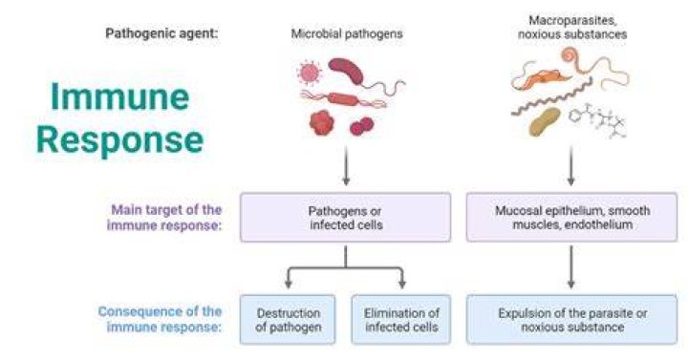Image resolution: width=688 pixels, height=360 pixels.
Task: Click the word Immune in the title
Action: coord(119,96)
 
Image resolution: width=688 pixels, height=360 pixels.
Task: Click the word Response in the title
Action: coord(119,139)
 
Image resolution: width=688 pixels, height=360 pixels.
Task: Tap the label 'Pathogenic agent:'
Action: coord(161,33)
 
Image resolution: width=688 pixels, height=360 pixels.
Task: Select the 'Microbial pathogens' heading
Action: coord(347,33)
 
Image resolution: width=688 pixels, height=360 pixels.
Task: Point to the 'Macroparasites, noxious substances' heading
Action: coord(572,27)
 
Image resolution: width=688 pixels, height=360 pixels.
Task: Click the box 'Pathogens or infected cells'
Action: coord(345,217)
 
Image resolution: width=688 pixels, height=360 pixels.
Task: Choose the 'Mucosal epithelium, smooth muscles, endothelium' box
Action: coord(571,217)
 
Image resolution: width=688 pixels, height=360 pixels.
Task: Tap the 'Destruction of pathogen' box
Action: coord(288,320)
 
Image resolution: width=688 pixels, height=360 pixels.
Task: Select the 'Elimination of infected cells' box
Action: coord(401,320)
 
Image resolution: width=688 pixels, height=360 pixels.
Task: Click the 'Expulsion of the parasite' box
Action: coord(571,320)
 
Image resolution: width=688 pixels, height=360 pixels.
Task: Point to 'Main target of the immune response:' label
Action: coord(164,217)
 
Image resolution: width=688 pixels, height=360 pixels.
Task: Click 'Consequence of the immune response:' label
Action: coord(160,319)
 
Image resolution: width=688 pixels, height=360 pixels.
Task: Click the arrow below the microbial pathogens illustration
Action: coord(346,165)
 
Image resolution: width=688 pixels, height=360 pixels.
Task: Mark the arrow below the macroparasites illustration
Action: coord(570,165)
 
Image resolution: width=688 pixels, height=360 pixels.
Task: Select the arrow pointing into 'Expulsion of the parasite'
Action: coord(570,266)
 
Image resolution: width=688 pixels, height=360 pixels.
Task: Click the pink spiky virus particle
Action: coord(309,73)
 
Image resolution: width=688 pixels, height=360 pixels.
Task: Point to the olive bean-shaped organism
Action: coord(545,122)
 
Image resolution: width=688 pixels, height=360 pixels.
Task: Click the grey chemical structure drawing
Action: coord(597,120)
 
